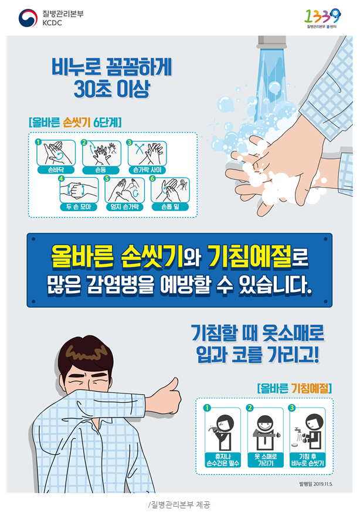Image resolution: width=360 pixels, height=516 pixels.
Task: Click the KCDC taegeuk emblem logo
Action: pos(28,18)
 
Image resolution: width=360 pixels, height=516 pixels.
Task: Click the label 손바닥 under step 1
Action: pos(56,170)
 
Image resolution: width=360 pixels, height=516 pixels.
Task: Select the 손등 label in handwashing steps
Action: pos(101,170)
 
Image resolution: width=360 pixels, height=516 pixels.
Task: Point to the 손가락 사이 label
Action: pos(147,170)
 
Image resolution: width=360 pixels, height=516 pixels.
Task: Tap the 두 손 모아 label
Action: pos(79,206)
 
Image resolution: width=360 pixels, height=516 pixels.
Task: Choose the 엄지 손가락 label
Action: pos(125,206)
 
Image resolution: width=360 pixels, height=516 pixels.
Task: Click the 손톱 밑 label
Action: pos(170,206)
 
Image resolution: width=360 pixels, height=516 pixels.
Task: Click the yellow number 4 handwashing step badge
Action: pos(61,179)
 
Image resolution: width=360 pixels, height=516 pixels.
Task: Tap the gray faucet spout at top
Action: pos(272,42)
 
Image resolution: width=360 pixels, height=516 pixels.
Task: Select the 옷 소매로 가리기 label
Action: pos(266,460)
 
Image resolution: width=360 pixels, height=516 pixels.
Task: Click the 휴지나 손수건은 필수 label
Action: pos(223,460)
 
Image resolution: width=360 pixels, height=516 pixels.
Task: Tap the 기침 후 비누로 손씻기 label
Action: pos(308,460)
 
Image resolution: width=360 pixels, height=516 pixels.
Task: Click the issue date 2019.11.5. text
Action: pos(316,484)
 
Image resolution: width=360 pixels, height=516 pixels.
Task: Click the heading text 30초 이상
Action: pos(112,89)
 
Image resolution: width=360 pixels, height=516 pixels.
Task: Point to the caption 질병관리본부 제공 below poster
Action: pos(179,504)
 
